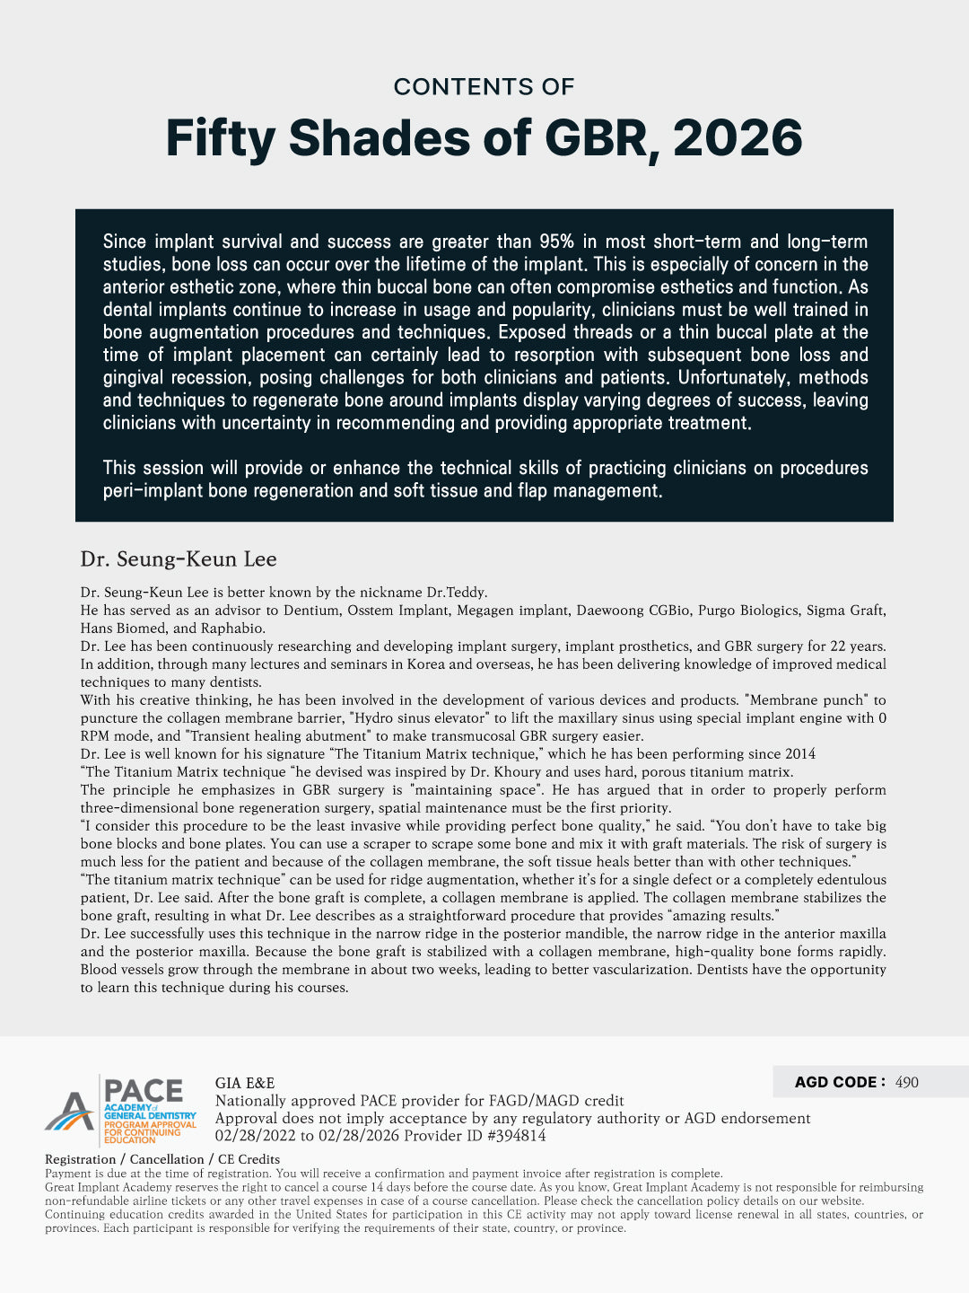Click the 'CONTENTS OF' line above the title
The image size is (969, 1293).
click(x=484, y=87)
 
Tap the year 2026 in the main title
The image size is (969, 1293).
click(x=737, y=139)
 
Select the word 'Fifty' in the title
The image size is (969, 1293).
click(x=220, y=139)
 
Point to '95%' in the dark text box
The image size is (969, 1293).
click(x=556, y=242)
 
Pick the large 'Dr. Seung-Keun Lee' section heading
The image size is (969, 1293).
click(x=179, y=559)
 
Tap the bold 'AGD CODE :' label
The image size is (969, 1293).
click(x=840, y=1082)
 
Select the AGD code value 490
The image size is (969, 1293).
click(x=907, y=1083)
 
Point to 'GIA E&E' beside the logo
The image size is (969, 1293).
click(x=245, y=1083)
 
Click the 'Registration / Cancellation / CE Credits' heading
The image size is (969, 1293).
click(x=162, y=1159)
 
